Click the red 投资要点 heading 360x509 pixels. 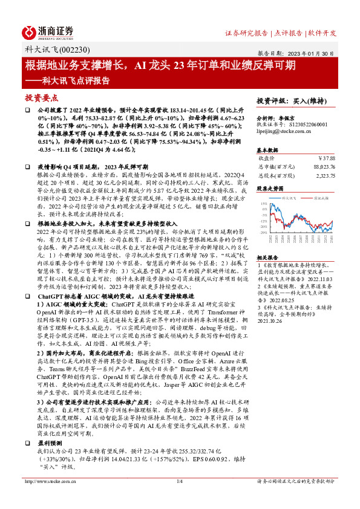point(42,97)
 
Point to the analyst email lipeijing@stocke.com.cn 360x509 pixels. point(284,130)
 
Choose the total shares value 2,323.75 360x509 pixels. point(326,175)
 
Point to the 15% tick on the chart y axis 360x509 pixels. point(264,204)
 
